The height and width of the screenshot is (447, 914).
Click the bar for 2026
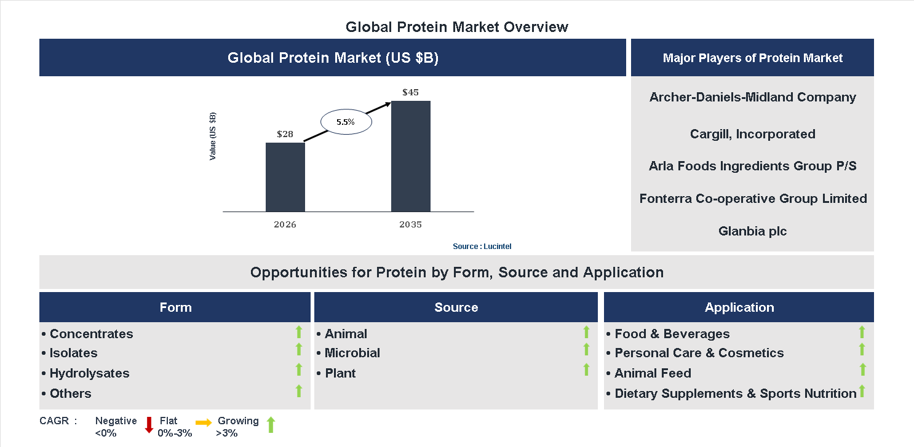285,177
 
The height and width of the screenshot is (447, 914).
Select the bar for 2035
410,156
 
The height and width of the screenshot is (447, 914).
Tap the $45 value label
410,93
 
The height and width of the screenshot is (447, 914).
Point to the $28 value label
285,134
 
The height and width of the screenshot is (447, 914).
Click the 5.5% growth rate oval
346,122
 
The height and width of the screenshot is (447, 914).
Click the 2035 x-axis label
410,224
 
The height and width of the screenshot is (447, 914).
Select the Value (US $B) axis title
213,136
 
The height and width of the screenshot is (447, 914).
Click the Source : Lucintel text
482,247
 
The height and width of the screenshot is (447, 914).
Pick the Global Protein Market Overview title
457,27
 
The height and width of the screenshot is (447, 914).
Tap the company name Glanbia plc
752,232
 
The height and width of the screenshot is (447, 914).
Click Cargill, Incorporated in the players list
752,134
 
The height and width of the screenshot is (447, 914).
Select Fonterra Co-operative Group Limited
753,199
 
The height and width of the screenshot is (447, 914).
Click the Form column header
175,307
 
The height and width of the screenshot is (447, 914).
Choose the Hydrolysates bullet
89,373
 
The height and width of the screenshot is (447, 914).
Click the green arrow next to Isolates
299,350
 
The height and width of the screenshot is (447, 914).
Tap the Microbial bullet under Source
352,353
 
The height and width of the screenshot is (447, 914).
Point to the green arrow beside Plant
586,370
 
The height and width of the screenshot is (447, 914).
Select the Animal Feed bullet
653,373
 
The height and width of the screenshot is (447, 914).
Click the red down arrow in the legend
149,425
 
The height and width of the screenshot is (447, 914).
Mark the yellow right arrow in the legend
204,422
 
